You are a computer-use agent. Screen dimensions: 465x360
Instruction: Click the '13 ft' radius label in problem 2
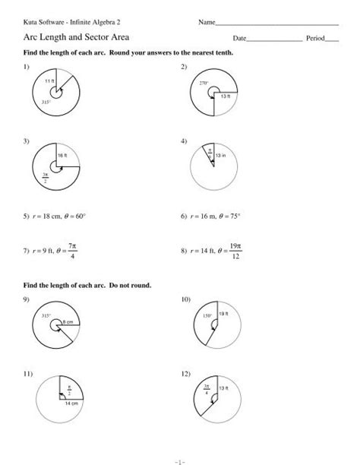pos(226,96)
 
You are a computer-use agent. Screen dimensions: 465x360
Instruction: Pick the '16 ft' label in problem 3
pos(63,155)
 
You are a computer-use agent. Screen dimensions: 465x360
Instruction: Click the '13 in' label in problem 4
pos(221,156)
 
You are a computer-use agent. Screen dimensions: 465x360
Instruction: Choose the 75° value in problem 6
pos(239,216)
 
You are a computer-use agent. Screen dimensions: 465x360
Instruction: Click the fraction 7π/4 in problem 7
pos(74,250)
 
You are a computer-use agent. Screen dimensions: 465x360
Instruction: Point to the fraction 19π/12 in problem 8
pos(236,250)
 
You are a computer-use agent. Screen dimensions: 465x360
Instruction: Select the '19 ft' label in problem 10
pos(223,314)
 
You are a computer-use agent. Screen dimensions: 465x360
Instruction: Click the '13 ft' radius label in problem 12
pos(223,389)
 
